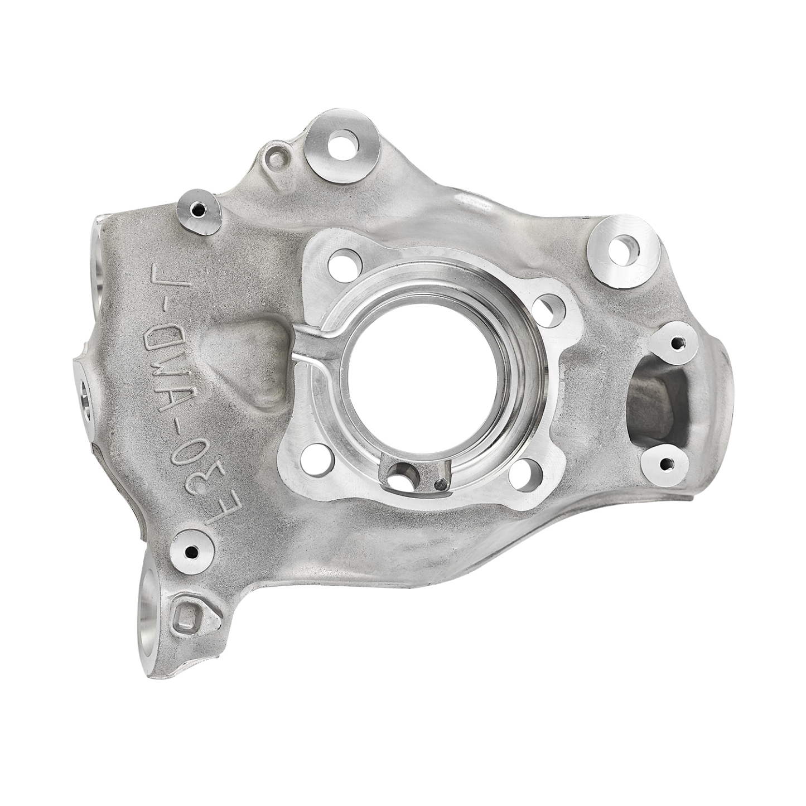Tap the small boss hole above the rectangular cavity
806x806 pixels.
(x=677, y=342)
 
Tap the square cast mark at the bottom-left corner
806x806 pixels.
(x=186, y=617)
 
